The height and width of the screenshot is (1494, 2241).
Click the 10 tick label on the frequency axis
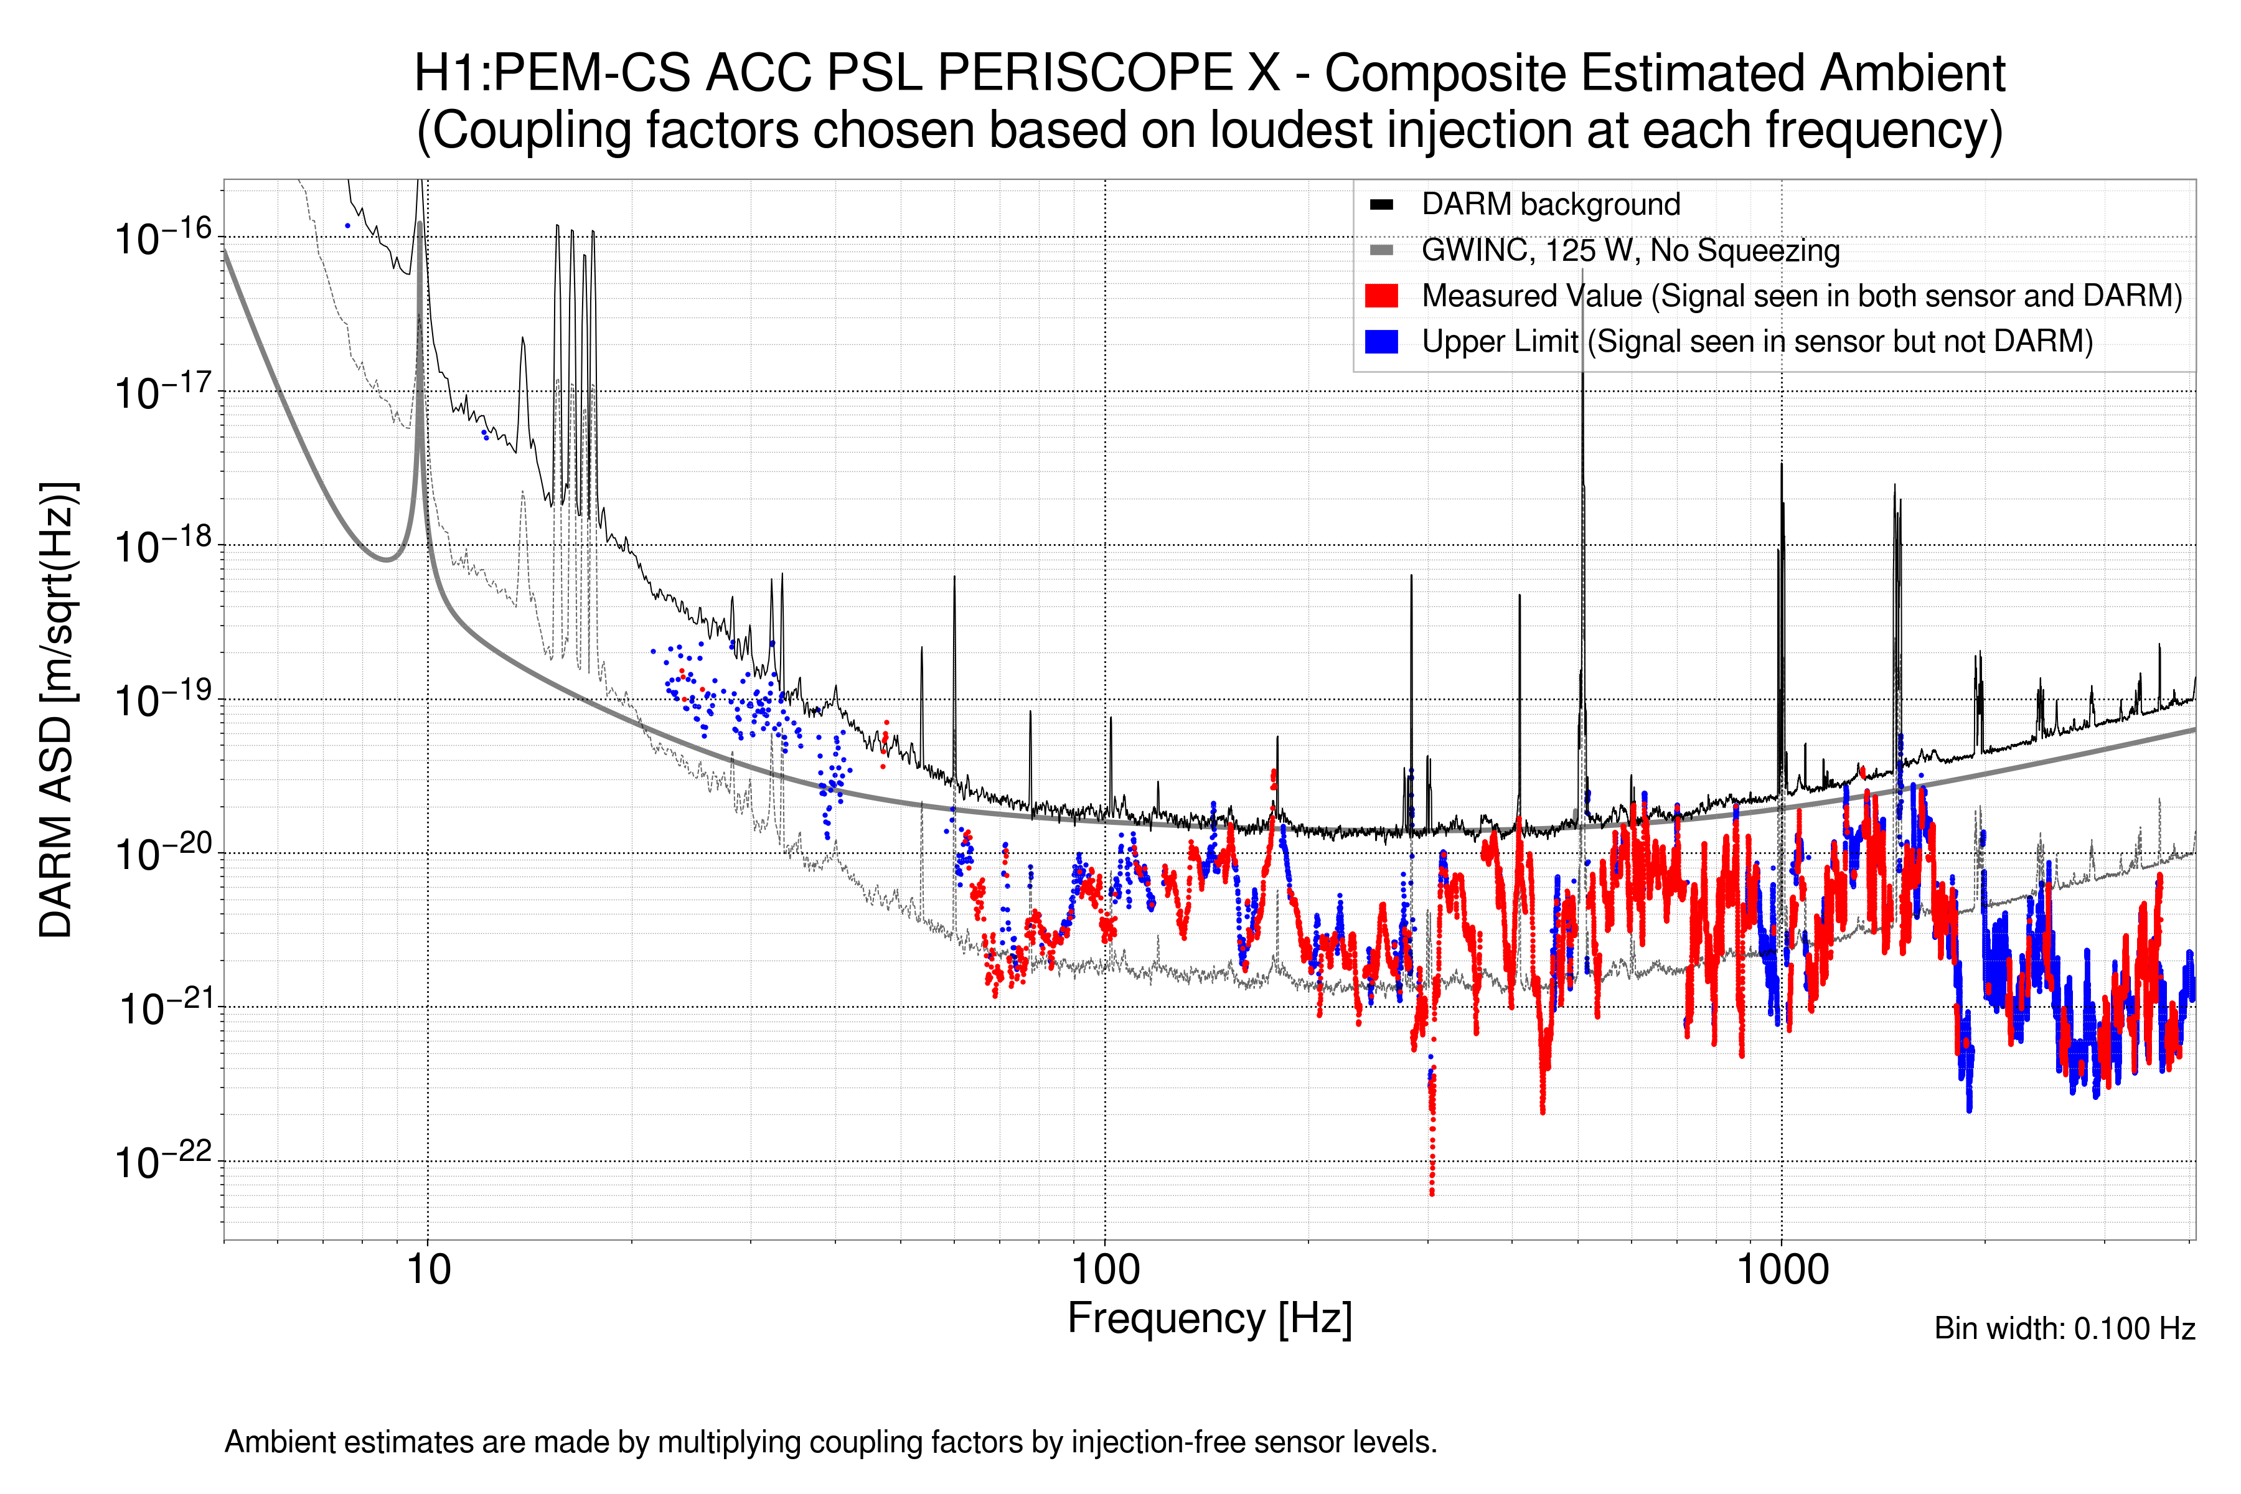click(x=428, y=1270)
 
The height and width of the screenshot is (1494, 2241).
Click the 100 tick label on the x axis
click(x=1104, y=1270)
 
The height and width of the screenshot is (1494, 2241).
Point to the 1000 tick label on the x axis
click(x=1782, y=1270)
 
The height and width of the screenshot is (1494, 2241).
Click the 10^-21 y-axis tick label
click(x=163, y=1008)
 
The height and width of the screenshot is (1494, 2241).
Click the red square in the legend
click(x=1381, y=295)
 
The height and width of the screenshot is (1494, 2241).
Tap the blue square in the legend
click(x=1381, y=341)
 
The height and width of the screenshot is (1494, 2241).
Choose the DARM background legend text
click(x=1550, y=204)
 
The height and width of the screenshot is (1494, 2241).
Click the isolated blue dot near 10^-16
click(x=348, y=226)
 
